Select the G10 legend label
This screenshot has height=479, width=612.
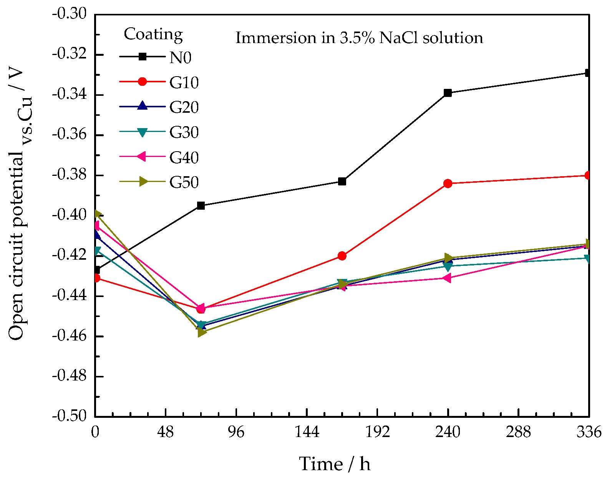(x=184, y=83)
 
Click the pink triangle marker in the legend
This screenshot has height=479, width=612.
(x=142, y=157)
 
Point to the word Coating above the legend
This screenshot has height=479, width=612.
(x=153, y=34)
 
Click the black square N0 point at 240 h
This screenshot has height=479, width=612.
(x=448, y=93)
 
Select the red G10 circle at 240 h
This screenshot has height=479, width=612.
(x=448, y=184)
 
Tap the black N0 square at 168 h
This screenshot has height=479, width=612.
(x=342, y=181)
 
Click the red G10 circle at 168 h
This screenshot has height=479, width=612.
(x=342, y=256)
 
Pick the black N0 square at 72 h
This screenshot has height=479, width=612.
(x=201, y=205)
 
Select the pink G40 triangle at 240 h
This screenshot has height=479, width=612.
(x=447, y=278)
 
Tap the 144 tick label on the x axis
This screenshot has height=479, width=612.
(x=307, y=432)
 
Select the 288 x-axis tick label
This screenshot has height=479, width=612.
(x=518, y=432)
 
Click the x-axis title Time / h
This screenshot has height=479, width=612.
(x=335, y=464)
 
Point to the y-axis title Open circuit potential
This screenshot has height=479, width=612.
(x=16, y=246)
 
